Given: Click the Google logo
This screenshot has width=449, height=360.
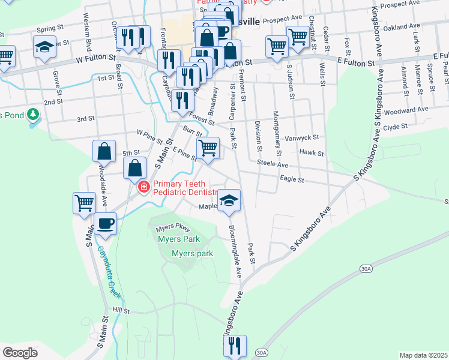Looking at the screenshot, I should click(20, 353).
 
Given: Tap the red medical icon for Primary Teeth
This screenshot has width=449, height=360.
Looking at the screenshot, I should click(143, 188).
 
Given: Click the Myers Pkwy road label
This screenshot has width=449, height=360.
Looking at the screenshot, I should click(172, 229).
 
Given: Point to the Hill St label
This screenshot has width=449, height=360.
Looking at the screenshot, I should click(121, 310).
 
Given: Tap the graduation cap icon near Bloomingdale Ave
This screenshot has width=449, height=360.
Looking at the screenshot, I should click(229, 201).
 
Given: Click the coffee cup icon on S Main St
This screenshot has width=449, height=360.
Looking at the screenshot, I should click(105, 223).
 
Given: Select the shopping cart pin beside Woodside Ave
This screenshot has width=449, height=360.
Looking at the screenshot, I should click(84, 203).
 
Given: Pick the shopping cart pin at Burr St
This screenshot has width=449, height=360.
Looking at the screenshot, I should click(208, 147).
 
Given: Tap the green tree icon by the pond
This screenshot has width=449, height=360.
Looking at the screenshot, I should click(34, 113).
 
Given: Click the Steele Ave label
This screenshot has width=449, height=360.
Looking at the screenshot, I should click(273, 163).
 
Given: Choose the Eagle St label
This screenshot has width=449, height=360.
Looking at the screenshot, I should click(292, 179).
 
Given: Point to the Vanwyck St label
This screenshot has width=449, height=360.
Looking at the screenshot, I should click(303, 137).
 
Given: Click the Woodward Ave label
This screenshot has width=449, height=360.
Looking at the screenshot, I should click(405, 110).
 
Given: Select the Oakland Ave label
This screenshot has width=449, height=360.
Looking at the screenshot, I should click(402, 27).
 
